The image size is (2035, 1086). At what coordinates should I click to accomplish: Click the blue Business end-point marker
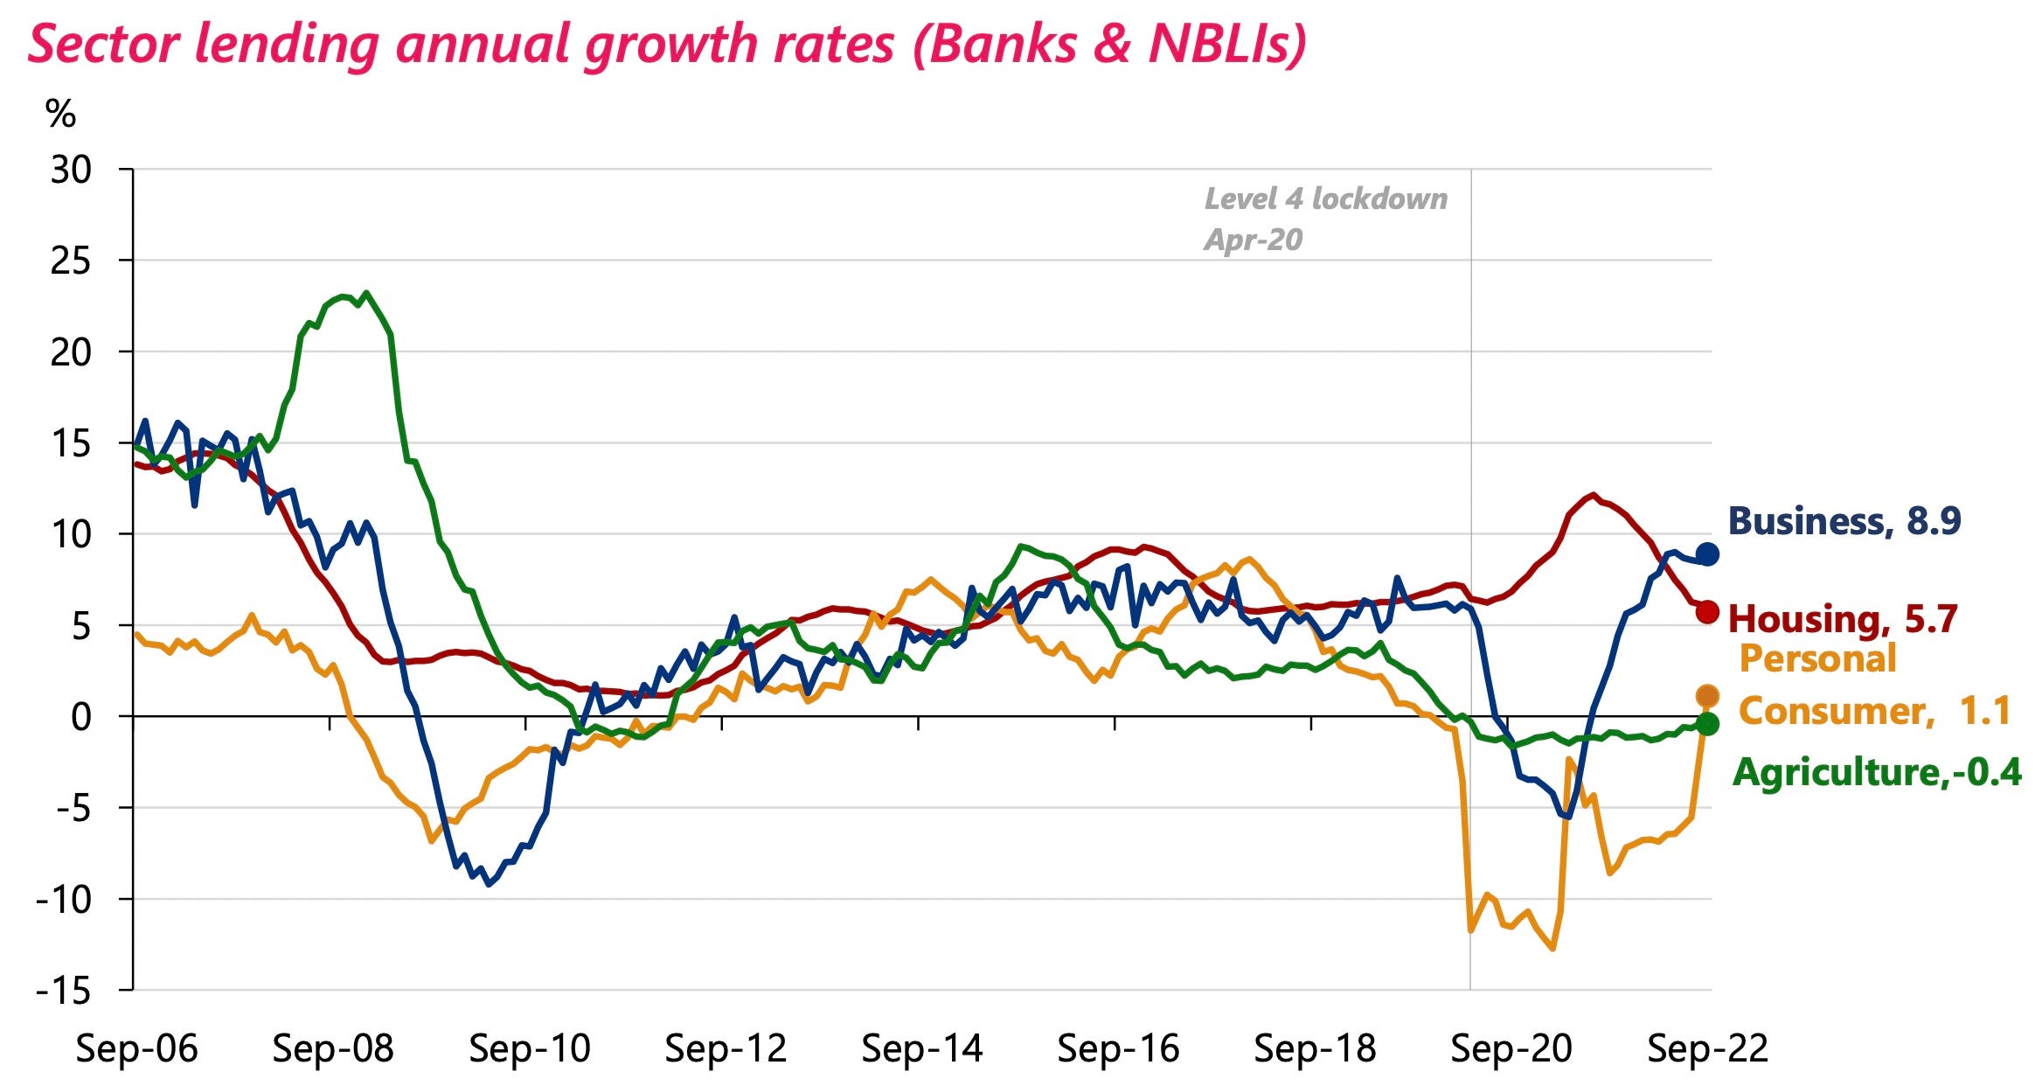(x=1706, y=553)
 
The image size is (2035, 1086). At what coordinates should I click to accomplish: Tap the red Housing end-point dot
(x=1706, y=612)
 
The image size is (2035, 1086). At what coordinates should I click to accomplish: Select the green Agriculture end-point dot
(x=1706, y=723)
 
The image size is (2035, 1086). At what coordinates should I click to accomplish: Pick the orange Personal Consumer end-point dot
(x=1706, y=696)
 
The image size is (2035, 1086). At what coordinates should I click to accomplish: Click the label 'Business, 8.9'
(x=1844, y=521)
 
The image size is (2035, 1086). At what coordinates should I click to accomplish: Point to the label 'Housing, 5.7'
(x=1842, y=619)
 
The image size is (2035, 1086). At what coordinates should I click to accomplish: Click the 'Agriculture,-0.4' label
(x=1876, y=772)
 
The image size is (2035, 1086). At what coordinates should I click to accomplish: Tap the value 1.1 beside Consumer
(x=1984, y=711)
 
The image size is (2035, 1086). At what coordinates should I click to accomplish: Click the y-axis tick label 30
(x=71, y=170)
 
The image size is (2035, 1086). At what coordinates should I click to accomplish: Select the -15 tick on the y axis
(x=63, y=991)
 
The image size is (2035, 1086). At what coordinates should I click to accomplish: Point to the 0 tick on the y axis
(x=80, y=717)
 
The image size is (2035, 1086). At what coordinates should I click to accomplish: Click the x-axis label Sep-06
(x=136, y=1048)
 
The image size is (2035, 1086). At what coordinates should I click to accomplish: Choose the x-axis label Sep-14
(x=921, y=1048)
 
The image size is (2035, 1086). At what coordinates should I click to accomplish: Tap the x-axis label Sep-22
(x=1706, y=1048)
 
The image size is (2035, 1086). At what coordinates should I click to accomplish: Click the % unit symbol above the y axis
(x=60, y=115)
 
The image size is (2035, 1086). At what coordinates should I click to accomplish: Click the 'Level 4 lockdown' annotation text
(x=1325, y=199)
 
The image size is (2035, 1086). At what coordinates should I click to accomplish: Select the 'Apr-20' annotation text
(x=1253, y=240)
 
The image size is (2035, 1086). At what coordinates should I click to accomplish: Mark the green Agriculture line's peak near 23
(x=366, y=293)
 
